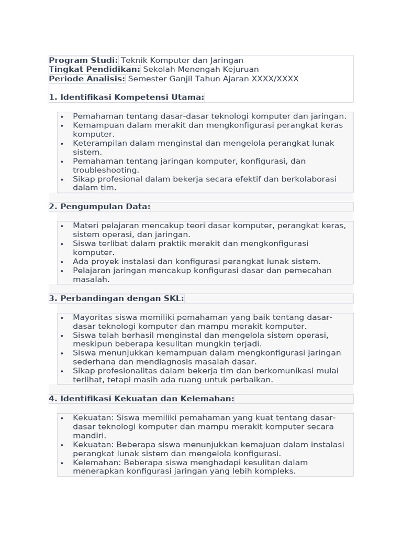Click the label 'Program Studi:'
(83, 60)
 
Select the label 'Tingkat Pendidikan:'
(95, 69)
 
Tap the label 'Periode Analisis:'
(87, 79)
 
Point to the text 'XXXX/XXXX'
(275, 79)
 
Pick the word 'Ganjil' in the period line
(182, 79)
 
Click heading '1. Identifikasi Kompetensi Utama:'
(126, 97)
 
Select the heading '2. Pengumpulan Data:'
(99, 207)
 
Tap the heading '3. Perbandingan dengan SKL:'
(116, 298)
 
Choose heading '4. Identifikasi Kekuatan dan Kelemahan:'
(141, 399)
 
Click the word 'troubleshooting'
(106, 170)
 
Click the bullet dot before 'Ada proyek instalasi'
(62, 262)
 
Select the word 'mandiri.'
(90, 435)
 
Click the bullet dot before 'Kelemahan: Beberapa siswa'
(62, 463)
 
